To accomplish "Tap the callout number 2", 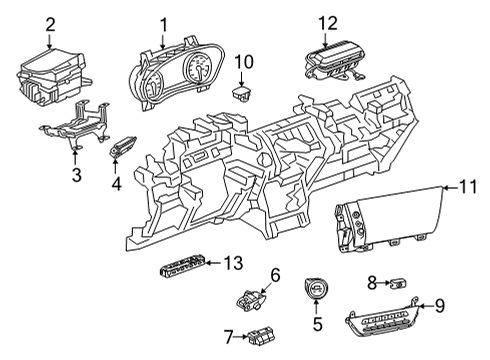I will [50, 22].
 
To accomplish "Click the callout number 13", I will [233, 263].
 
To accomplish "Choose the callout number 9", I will [441, 307].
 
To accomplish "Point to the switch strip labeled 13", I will [182, 267].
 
